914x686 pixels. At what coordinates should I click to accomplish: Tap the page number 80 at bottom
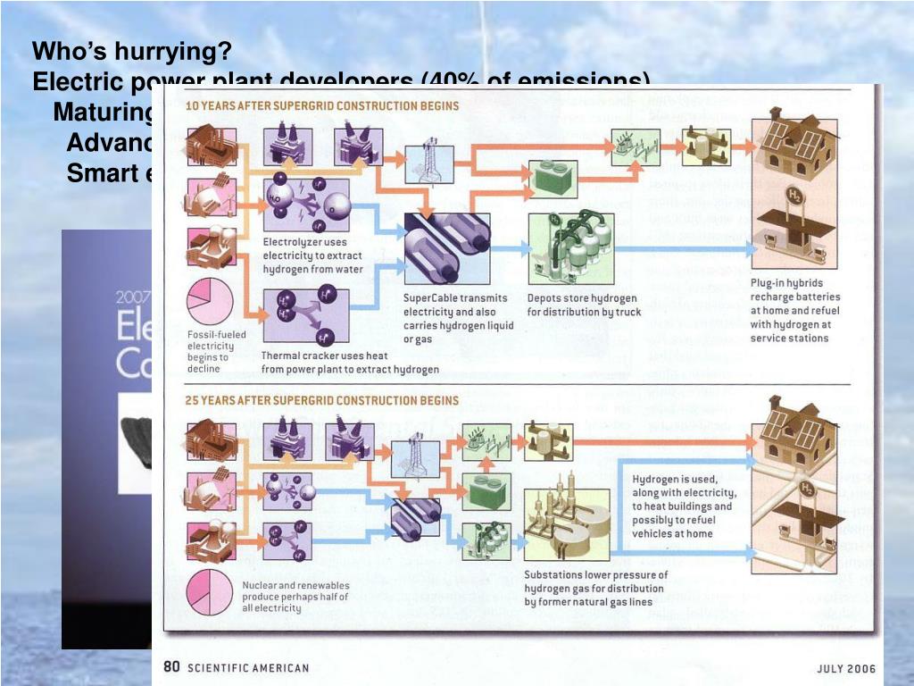point(171,667)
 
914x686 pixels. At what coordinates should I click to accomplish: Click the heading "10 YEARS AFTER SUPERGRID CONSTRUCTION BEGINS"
point(321,105)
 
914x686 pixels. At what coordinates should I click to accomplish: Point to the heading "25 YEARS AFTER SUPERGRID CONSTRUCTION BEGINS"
point(321,400)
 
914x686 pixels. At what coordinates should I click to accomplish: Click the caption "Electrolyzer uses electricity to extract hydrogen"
point(312,255)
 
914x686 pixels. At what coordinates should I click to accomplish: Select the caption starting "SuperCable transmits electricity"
point(458,319)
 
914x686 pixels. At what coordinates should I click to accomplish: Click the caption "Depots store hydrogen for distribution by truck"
point(584,305)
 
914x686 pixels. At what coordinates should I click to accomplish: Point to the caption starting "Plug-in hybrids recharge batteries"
point(794,311)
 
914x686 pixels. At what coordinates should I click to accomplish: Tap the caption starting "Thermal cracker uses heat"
point(350,362)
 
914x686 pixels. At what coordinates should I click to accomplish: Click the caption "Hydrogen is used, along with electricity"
point(685,506)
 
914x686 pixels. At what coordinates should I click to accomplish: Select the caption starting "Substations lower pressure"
point(595,588)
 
